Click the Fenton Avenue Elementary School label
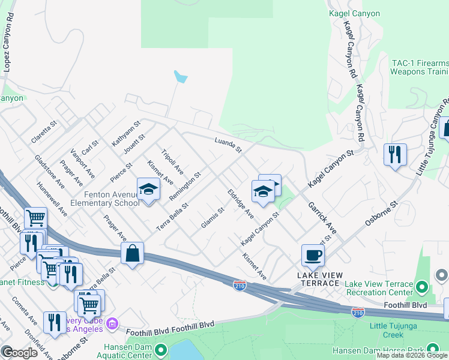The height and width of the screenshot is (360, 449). point(104,199)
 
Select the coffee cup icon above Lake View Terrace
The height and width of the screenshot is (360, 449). point(312,256)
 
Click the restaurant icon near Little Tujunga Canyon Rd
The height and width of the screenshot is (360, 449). point(395,155)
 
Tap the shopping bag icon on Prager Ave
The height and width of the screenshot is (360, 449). point(132,253)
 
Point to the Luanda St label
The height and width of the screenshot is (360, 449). point(228,144)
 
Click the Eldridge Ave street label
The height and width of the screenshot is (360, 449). point(240,204)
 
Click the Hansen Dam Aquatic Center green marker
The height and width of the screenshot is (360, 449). point(160,349)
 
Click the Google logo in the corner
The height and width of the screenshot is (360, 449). point(20,352)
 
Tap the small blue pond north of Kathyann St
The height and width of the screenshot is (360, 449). point(180,77)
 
